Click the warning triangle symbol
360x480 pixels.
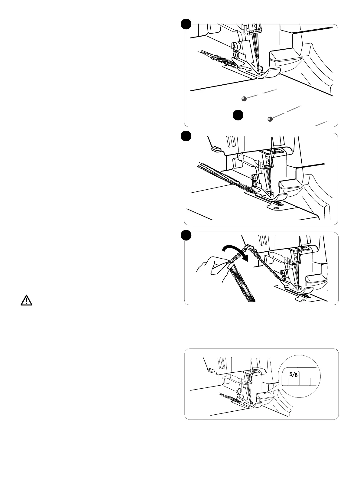[x=26, y=300]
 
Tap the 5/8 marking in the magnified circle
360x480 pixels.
[x=293, y=374]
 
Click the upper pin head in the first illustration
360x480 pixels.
[x=244, y=99]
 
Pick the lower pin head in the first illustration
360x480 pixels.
[x=270, y=119]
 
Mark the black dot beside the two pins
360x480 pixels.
[x=238, y=116]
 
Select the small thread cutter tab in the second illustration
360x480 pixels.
[x=215, y=149]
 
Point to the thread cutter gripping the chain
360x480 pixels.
[x=249, y=247]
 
